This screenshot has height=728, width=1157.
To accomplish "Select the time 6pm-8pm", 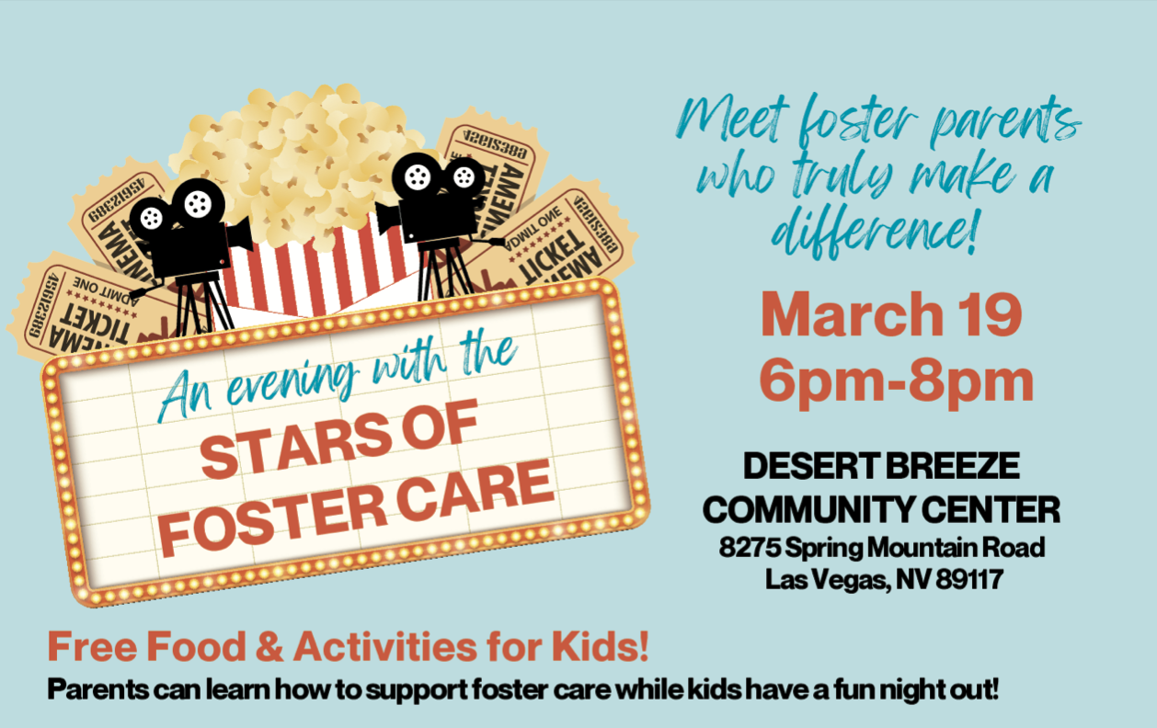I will point(896,381).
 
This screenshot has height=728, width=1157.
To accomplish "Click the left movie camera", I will point(188,226).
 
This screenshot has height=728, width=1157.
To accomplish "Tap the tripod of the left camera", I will point(202,303).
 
